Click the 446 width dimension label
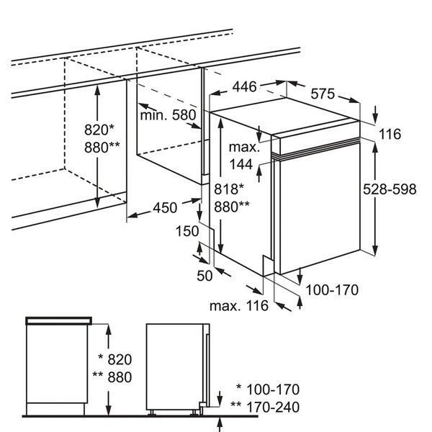244,88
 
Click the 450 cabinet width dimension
164,208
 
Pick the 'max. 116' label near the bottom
239,306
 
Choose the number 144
243,164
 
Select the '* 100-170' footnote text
263,390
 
